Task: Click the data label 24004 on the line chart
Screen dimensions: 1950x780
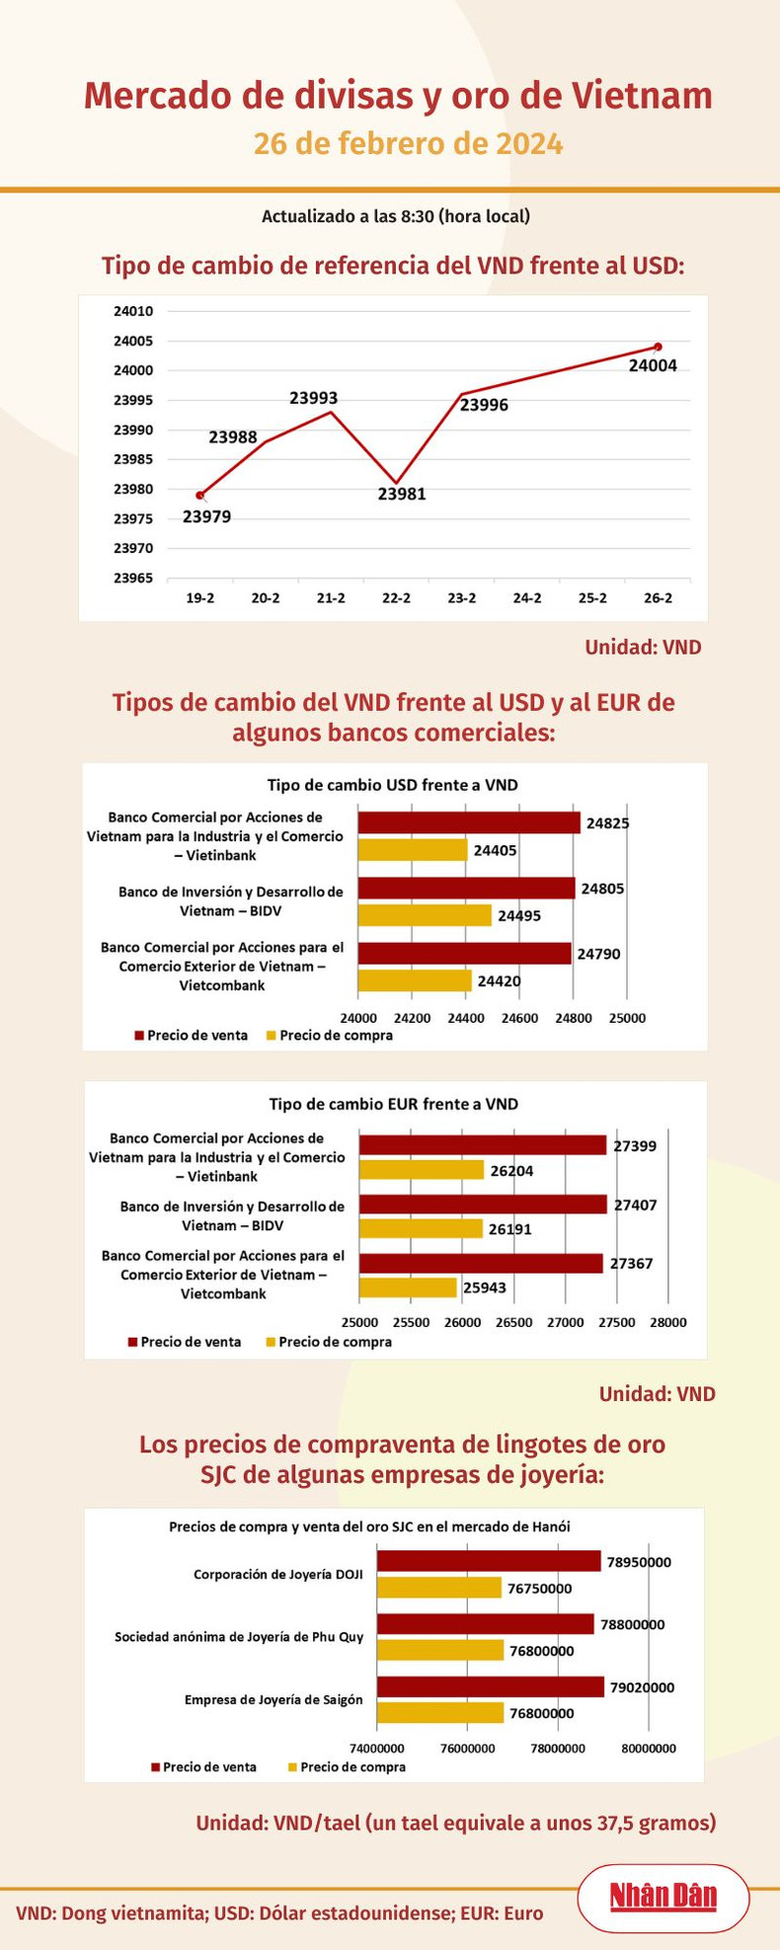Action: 653,365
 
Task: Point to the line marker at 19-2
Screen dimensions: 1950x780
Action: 200,495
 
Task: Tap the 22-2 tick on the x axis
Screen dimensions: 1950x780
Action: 396,598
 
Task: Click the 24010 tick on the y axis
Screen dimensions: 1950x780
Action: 133,312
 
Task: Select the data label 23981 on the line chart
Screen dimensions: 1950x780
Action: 402,494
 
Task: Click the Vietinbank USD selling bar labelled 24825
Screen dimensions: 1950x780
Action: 469,822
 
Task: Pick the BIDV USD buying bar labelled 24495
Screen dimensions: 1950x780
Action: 425,915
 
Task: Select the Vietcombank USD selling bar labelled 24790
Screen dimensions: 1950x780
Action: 464,953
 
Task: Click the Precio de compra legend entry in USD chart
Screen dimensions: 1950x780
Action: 329,1036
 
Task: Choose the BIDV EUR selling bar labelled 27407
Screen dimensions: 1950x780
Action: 483,1205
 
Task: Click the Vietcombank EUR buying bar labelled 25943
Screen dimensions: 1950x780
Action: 408,1287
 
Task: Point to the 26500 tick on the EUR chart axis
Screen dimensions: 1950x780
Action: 513,1322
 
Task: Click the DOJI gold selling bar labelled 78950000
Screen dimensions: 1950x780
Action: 489,1561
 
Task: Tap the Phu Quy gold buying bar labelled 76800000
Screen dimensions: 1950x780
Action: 440,1650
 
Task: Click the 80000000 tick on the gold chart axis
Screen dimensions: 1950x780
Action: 648,1749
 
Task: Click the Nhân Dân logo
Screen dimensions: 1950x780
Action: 663,1897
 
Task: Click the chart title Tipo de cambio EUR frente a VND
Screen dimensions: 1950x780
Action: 394,1104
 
